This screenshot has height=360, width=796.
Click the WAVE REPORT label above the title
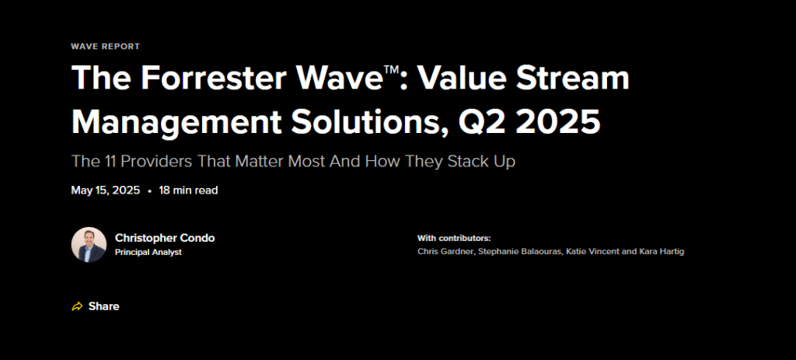click(x=105, y=46)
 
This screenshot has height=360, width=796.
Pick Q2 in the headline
click(x=479, y=123)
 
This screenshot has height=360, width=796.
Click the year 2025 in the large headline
click(x=554, y=122)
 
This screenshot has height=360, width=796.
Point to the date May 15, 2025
click(x=106, y=190)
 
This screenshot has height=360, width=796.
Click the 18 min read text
click(x=188, y=190)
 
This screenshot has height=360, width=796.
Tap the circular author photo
click(x=89, y=245)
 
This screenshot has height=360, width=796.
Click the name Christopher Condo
click(x=165, y=238)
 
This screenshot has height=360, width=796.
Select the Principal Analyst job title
click(x=148, y=253)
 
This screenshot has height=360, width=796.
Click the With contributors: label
click(x=454, y=238)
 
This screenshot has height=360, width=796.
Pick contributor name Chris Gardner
click(x=446, y=251)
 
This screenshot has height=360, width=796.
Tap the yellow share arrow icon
click(x=77, y=306)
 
